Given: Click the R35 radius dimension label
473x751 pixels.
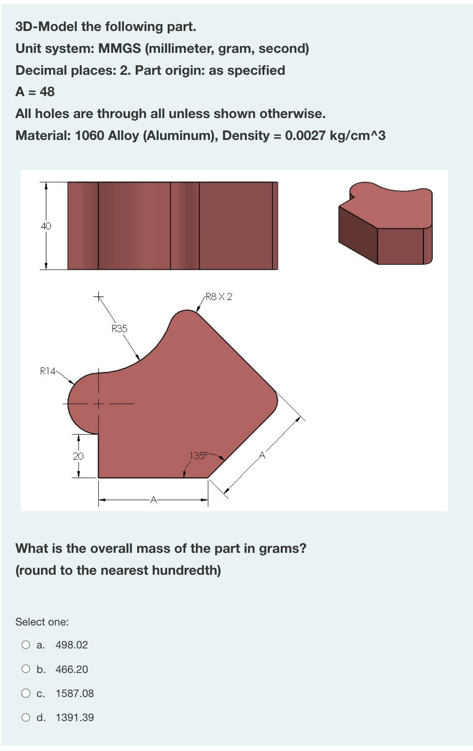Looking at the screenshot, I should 120,328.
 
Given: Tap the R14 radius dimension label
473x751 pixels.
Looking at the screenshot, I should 48,370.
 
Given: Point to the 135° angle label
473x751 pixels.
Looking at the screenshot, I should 198,456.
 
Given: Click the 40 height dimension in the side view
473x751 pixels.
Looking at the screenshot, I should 46,226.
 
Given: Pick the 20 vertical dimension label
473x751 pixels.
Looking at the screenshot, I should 78,456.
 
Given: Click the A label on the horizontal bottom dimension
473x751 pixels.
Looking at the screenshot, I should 153,500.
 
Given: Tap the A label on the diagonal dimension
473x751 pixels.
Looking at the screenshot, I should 262,456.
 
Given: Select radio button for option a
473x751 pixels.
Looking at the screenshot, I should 26,645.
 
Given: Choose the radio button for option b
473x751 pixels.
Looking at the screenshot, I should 26,669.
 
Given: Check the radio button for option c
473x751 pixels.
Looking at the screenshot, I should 26,693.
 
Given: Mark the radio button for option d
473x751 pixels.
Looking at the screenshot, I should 26,717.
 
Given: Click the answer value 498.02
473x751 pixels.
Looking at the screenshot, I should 72,645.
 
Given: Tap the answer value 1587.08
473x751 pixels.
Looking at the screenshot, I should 74,693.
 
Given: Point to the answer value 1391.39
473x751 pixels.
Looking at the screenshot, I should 74,717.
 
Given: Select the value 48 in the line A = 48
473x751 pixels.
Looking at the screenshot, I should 47,92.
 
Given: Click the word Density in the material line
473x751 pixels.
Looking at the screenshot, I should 246,135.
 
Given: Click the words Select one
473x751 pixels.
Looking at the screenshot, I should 42,622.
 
